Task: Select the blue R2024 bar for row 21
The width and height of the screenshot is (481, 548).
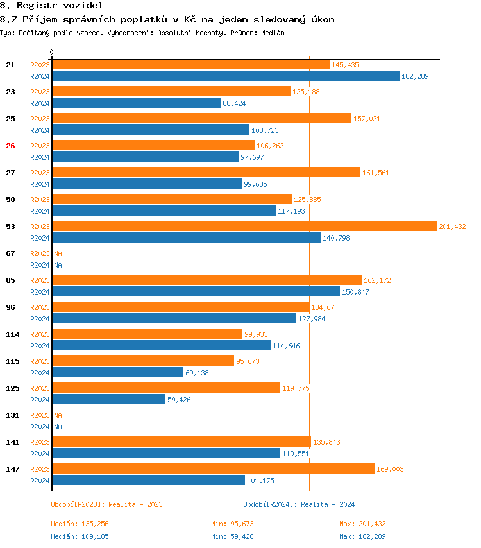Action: (225, 76)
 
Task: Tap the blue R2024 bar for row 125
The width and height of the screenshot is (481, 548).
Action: (108, 399)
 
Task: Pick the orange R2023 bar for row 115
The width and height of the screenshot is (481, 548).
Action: (143, 361)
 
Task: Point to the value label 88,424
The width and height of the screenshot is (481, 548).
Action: (234, 103)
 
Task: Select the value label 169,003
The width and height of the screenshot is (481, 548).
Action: (390, 469)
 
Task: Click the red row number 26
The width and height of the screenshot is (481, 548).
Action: (10, 146)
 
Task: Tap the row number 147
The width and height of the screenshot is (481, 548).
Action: (12, 469)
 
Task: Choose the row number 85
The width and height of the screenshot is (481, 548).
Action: (10, 280)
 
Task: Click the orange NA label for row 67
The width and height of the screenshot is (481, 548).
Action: (58, 253)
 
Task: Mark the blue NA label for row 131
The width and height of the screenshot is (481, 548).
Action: (58, 427)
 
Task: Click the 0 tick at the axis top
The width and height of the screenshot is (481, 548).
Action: (52, 52)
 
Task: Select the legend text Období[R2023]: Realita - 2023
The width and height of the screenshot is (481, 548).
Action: (106, 504)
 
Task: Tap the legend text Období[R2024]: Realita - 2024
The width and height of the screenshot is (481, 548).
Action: (299, 504)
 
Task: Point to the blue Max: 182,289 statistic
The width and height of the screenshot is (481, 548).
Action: (362, 536)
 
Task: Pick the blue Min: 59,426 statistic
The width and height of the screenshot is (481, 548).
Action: (232, 536)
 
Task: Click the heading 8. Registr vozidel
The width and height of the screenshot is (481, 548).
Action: (51, 5)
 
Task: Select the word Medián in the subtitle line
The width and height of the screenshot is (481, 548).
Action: (273, 32)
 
